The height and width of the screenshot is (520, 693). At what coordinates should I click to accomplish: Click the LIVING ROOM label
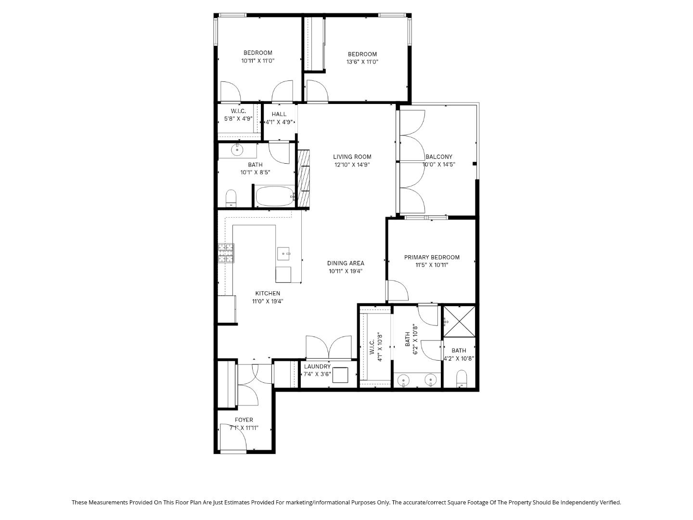(x=352, y=156)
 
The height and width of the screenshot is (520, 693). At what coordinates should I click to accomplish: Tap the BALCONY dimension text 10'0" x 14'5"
(x=439, y=165)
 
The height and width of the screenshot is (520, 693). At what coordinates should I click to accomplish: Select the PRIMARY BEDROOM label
(x=432, y=257)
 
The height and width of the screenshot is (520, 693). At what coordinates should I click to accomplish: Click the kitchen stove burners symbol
(x=226, y=253)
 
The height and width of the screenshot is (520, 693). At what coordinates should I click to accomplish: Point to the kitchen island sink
(x=284, y=252)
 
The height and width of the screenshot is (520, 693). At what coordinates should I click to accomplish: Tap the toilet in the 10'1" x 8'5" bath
(x=231, y=198)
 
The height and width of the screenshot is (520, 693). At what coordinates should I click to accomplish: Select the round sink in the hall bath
(x=237, y=150)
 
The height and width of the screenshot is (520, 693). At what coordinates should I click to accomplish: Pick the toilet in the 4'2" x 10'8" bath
(x=461, y=378)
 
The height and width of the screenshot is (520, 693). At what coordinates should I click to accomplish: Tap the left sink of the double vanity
(x=403, y=381)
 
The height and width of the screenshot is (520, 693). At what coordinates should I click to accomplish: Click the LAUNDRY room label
(x=317, y=366)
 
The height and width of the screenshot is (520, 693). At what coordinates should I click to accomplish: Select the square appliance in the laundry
(x=340, y=375)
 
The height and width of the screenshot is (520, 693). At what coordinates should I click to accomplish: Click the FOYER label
(x=244, y=420)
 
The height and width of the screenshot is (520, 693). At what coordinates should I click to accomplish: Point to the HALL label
(x=279, y=114)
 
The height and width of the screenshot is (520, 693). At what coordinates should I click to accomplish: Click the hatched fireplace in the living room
(x=303, y=178)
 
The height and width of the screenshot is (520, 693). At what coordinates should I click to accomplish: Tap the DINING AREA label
(x=346, y=263)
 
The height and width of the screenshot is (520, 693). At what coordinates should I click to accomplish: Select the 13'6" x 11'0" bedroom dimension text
(x=362, y=62)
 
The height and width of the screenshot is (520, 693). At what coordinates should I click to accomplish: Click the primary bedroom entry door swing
(x=397, y=290)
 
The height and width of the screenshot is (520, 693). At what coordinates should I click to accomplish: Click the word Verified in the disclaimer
(x=608, y=502)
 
